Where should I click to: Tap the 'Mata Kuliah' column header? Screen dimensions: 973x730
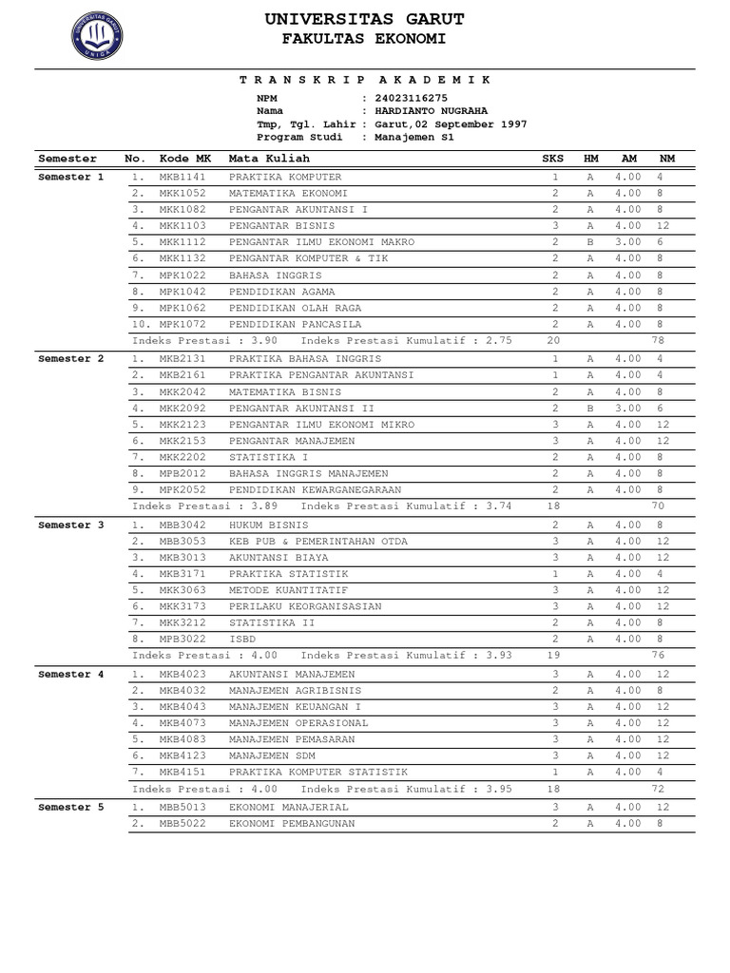(x=263, y=159)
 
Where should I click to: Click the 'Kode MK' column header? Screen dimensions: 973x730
(x=185, y=159)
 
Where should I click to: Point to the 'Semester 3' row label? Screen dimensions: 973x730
(x=71, y=525)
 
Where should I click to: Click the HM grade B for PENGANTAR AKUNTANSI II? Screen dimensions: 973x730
(x=590, y=408)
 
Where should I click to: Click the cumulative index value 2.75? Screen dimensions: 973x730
(x=499, y=340)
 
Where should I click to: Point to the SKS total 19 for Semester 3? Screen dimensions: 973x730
(x=554, y=656)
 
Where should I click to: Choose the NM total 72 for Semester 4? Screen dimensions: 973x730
(x=657, y=790)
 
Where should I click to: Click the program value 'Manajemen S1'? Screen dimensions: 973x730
(x=414, y=137)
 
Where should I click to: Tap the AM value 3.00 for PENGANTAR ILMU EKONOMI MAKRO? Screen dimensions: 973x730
(x=627, y=242)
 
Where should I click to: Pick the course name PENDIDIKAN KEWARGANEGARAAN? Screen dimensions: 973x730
(x=315, y=489)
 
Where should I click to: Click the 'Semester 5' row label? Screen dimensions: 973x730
(x=71, y=807)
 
